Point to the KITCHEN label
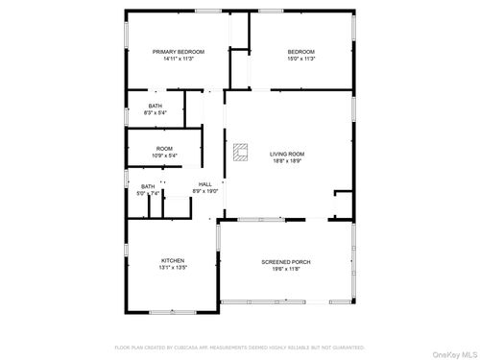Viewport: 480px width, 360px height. (x=173, y=261)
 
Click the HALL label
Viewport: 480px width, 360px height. (x=205, y=184)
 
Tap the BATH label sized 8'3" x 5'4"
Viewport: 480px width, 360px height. (x=155, y=106)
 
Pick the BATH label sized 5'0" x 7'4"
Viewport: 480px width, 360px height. (x=148, y=186)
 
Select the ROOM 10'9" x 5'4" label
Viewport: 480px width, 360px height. (x=165, y=149)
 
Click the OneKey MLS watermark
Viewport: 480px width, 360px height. (x=453, y=352)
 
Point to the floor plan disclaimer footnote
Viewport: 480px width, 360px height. (x=239, y=348)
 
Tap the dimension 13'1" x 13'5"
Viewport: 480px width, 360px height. (x=173, y=269)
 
